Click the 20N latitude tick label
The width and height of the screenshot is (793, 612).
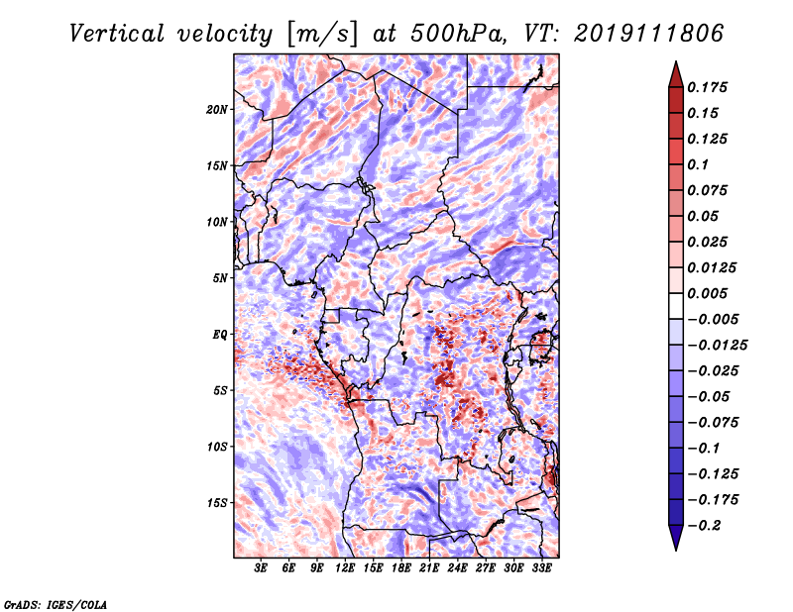[217, 110]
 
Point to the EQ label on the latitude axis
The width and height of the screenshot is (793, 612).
[220, 335]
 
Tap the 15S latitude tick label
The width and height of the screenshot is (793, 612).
[217, 503]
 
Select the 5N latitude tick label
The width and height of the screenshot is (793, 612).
[220, 278]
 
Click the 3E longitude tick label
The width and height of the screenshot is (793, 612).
[261, 568]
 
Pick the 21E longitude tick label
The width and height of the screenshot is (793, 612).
[429, 568]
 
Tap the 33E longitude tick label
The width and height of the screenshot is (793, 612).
[541, 568]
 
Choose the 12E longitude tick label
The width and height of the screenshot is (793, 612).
[345, 568]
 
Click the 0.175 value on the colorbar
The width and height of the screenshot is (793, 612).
[707, 87]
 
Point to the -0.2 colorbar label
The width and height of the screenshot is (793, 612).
[703, 526]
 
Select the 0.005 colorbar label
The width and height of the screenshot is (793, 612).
[707, 293]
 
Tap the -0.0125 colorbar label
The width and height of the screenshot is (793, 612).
[717, 346]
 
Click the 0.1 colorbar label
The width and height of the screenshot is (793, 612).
[698, 164]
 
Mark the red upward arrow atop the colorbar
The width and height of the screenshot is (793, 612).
[676, 74]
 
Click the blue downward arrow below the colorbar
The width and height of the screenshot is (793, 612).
[676, 538]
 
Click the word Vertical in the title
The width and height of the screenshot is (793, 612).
[117, 34]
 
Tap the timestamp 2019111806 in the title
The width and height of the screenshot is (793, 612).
[649, 34]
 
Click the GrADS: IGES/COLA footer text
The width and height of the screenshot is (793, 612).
[56, 605]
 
